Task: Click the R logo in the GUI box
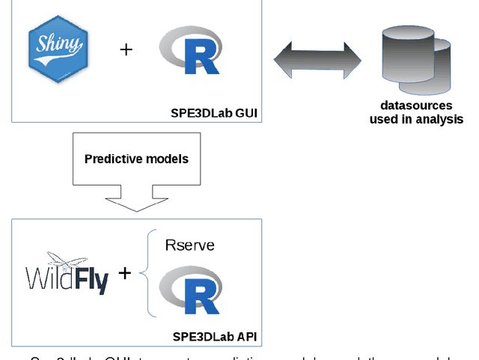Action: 190,50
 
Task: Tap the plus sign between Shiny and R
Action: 126,49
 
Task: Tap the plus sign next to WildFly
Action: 124,273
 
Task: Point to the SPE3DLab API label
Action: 215,337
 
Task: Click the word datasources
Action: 416,106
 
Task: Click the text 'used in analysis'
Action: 416,119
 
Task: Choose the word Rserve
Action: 189,245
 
